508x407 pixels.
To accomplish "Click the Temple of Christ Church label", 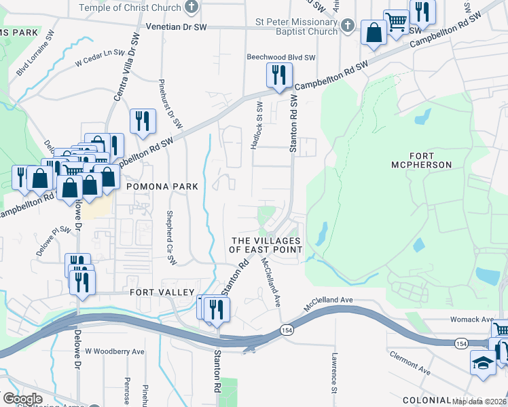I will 130,7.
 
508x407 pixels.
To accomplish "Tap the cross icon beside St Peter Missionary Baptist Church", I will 347,26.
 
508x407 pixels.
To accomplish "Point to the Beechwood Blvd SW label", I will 281,58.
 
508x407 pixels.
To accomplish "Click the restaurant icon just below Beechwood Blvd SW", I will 278,75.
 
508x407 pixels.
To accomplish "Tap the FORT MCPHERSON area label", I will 422,159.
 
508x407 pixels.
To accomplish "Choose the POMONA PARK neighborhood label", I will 166,187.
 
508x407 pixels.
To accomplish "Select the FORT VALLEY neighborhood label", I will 156,293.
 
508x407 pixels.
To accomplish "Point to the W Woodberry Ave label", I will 115,351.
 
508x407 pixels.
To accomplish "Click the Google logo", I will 22,398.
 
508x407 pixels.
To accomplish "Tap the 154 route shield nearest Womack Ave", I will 461,343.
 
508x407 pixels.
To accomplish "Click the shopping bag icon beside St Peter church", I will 374,33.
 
